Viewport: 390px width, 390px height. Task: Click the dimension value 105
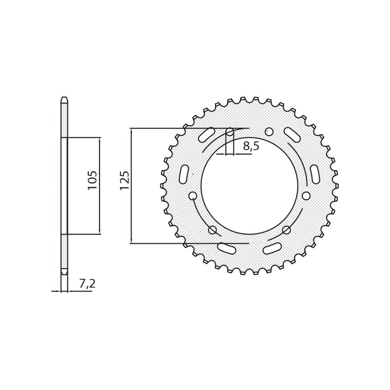tap(93, 180)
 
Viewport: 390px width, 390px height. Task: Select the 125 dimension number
tap(125, 180)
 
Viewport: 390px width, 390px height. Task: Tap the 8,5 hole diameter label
tap(251, 146)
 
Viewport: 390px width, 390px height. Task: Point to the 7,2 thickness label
tap(87, 284)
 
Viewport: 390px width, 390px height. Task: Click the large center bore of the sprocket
tap(249, 186)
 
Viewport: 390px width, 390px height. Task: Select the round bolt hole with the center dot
tap(269, 132)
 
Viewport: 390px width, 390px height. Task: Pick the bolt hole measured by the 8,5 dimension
tap(230, 132)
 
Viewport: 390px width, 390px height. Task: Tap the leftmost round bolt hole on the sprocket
tap(193, 195)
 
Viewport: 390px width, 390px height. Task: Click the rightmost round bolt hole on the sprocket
tap(306, 195)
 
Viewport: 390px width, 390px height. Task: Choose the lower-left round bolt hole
tap(213, 230)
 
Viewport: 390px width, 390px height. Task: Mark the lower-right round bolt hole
tap(286, 230)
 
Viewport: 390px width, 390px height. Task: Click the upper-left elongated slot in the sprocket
tap(207, 135)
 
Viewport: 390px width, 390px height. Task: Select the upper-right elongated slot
tap(292, 135)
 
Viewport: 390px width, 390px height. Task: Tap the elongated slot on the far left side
tap(184, 174)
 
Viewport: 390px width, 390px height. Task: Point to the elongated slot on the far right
tap(315, 174)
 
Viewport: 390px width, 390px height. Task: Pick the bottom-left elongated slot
tap(227, 249)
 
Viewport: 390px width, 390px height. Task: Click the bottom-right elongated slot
tap(272, 249)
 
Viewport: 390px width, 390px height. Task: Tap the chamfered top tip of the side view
tap(64, 100)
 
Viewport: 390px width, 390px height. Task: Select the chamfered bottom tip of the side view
tap(64, 272)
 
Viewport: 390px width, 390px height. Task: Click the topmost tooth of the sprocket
tap(249, 99)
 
